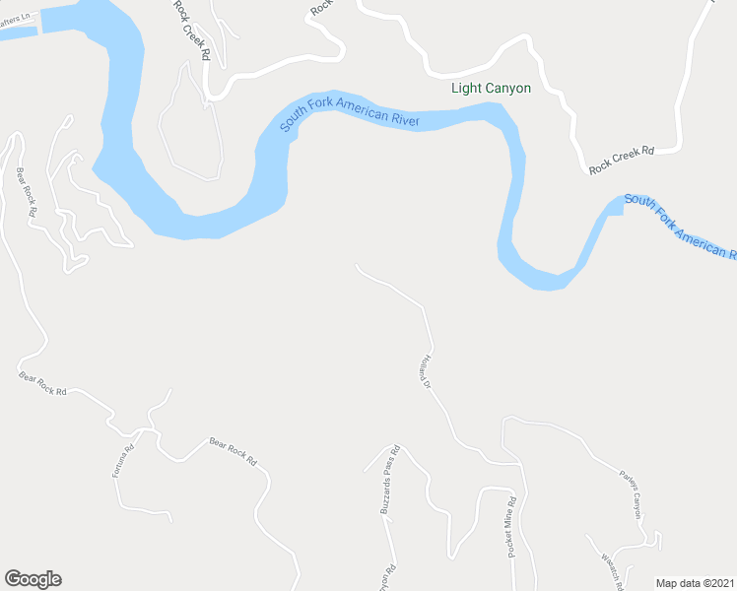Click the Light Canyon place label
coord(491,89)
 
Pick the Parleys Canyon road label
coord(630,492)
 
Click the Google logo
coord(33,579)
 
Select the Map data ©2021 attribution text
coord(696,582)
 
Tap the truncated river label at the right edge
coord(681,226)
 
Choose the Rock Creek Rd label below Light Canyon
coord(622,160)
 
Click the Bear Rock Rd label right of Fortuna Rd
coord(233,451)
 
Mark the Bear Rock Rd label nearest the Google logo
coord(43,383)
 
